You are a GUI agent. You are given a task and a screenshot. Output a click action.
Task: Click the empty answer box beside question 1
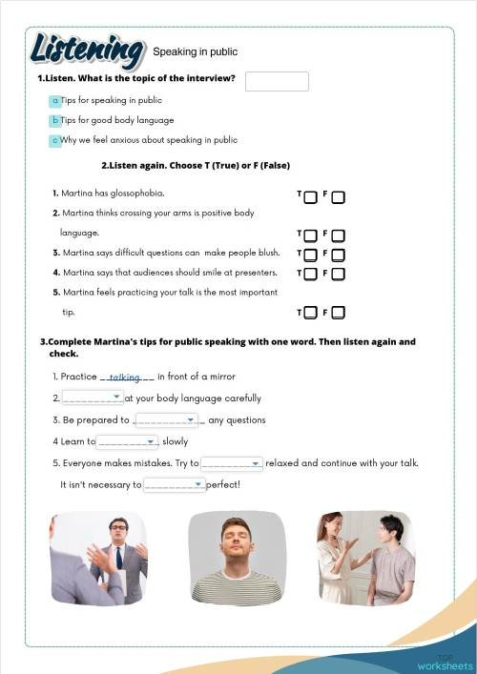pyautogui.click(x=277, y=82)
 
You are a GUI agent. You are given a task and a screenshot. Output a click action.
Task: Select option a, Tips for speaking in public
pyautogui.click(x=55, y=100)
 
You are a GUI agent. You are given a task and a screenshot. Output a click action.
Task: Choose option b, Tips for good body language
pyautogui.click(x=55, y=120)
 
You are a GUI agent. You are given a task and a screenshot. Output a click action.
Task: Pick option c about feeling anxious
pyautogui.click(x=55, y=140)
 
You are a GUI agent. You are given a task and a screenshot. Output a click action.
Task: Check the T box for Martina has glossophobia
pyautogui.click(x=310, y=196)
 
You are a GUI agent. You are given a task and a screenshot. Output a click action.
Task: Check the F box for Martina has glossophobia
pyautogui.click(x=338, y=196)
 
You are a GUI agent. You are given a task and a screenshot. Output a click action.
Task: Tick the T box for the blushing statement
pyautogui.click(x=310, y=255)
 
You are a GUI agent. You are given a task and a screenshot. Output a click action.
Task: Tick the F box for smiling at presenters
pyautogui.click(x=338, y=275)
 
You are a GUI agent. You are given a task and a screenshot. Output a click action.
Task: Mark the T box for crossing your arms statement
pyautogui.click(x=310, y=235)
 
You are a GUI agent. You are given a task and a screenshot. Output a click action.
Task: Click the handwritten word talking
pyautogui.click(x=125, y=378)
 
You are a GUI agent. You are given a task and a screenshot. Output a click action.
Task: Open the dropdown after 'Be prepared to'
pyautogui.click(x=166, y=419)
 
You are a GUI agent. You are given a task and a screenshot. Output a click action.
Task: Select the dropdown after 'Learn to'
pyautogui.click(x=127, y=441)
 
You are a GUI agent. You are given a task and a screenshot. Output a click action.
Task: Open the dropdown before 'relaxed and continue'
pyautogui.click(x=232, y=463)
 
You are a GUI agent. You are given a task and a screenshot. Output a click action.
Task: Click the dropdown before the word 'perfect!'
pyautogui.click(x=174, y=485)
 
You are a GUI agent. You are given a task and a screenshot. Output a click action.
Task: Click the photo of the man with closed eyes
pyautogui.click(x=237, y=559)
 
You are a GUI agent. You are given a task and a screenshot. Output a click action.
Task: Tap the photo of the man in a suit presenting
pyautogui.click(x=99, y=559)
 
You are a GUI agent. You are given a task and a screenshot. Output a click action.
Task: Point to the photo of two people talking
pyautogui.click(x=366, y=559)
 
